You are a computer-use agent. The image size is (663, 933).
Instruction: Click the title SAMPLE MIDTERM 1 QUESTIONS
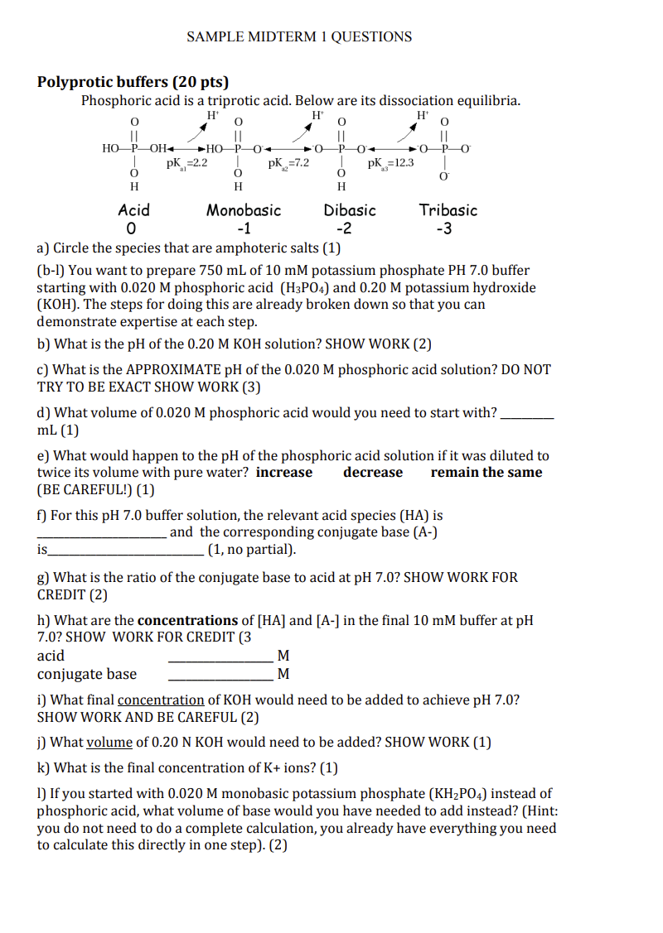[x=299, y=36]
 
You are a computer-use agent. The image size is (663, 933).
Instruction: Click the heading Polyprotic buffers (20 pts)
[x=133, y=82]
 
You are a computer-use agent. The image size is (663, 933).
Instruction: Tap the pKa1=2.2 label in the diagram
[x=186, y=164]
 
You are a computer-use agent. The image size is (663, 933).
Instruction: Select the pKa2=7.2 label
[x=288, y=164]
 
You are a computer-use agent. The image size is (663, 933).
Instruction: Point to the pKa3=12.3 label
[x=390, y=164]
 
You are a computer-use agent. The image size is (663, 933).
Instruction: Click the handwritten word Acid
[x=133, y=210]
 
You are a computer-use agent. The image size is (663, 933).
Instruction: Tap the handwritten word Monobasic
[x=244, y=210]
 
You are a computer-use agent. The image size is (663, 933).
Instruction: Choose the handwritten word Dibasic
[x=350, y=210]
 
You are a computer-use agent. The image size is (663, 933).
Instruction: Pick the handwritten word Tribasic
[x=448, y=210]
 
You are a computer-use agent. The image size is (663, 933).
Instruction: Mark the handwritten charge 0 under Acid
[x=129, y=229]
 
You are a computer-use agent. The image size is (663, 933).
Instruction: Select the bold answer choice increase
[x=284, y=473]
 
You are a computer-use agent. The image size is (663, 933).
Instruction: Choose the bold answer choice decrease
[x=373, y=473]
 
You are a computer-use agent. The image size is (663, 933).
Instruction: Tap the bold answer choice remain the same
[x=486, y=473]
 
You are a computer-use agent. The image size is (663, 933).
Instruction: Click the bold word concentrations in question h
[x=187, y=620]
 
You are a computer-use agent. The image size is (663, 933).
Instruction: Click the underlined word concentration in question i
[x=161, y=700]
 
